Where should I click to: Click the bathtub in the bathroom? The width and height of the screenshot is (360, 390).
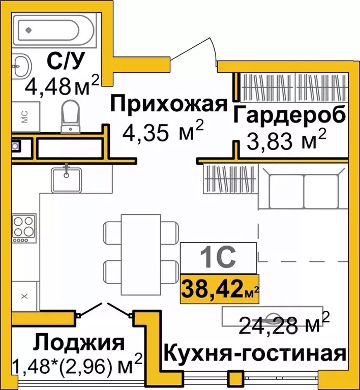(x=53, y=30)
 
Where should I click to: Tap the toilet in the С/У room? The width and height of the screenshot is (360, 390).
(x=69, y=114)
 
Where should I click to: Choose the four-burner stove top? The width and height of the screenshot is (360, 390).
(x=24, y=227)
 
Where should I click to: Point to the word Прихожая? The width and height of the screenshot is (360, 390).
(x=168, y=105)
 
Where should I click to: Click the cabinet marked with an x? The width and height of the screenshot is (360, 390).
(x=23, y=294)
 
